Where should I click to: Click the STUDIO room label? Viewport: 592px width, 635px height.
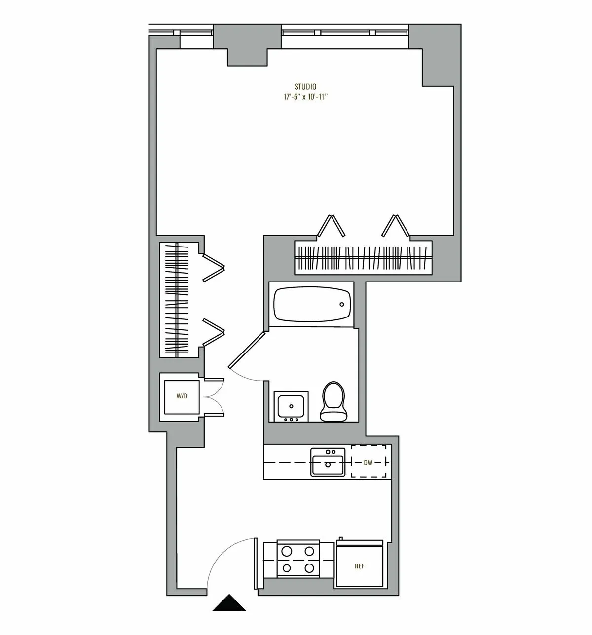coord(305,87)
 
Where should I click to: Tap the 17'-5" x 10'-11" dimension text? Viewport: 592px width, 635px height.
coord(305,97)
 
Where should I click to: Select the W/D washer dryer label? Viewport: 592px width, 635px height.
coord(182,396)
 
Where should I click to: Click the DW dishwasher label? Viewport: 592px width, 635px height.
coord(368,463)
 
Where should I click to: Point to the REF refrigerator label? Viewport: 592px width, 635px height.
coord(360,566)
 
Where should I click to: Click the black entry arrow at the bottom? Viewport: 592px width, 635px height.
coord(229,603)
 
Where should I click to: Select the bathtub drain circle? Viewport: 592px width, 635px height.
coord(341,304)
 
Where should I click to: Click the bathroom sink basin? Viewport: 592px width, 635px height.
coord(291,406)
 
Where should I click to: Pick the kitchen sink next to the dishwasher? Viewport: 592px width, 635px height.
coord(327,462)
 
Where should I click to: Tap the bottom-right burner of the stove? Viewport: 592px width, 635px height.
coord(310,568)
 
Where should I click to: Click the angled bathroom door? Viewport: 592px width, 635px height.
coord(247,350)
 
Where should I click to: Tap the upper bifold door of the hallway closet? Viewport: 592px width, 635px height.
coord(214,267)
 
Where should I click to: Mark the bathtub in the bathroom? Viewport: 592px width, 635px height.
coord(312,305)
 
